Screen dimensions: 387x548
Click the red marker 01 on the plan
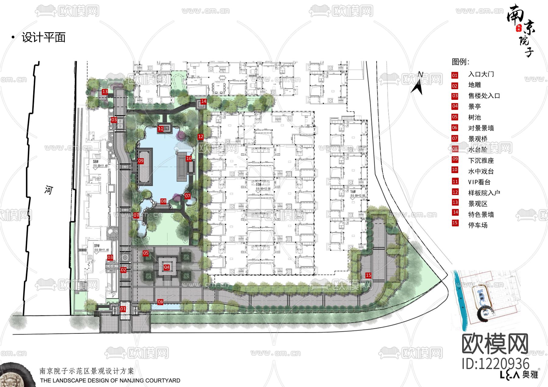click(x=123, y=309)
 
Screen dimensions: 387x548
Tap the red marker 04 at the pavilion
click(x=167, y=267)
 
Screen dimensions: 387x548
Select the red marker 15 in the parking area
click(x=368, y=275)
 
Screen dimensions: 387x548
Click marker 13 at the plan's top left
click(x=105, y=92)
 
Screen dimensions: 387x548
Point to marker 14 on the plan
click(x=204, y=101)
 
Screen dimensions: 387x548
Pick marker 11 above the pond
click(x=161, y=129)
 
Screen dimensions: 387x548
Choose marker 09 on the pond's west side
click(x=141, y=161)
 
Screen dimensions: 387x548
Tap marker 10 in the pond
click(x=189, y=159)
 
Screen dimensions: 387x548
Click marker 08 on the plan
click(x=163, y=201)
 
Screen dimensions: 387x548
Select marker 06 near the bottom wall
click(x=160, y=302)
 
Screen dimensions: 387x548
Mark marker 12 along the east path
click(x=201, y=137)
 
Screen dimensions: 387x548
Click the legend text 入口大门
click(x=481, y=74)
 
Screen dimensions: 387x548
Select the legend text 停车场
click(x=478, y=225)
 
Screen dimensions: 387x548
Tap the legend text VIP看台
click(x=479, y=182)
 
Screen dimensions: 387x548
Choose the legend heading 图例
click(x=460, y=62)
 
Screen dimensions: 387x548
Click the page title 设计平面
click(x=44, y=37)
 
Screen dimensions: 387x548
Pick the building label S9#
click(x=97, y=246)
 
